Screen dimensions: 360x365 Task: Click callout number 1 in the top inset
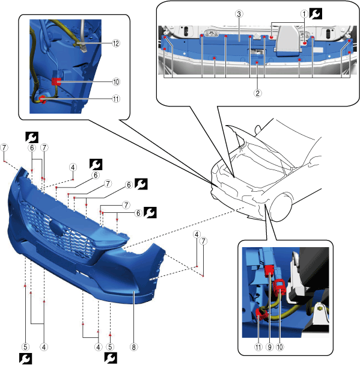[304, 14]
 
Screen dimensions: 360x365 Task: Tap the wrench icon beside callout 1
[316, 14]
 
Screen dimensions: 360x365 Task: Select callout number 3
[239, 14]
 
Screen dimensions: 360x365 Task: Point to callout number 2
[257, 93]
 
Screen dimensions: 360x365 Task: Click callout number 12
[116, 43]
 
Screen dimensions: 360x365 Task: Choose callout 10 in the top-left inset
[116, 82]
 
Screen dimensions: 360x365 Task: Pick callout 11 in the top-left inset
[116, 99]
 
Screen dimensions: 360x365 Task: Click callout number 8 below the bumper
[133, 347]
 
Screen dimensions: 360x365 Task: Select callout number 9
[269, 347]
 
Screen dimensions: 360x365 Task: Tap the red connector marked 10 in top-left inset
[56, 81]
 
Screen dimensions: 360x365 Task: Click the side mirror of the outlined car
[258, 129]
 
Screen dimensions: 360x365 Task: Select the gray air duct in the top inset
[288, 41]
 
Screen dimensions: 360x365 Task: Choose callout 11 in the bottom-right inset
[258, 347]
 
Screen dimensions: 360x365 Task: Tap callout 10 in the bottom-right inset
[279, 347]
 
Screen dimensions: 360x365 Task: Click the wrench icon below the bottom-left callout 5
[25, 359]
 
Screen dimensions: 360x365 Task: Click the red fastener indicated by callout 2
[257, 63]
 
